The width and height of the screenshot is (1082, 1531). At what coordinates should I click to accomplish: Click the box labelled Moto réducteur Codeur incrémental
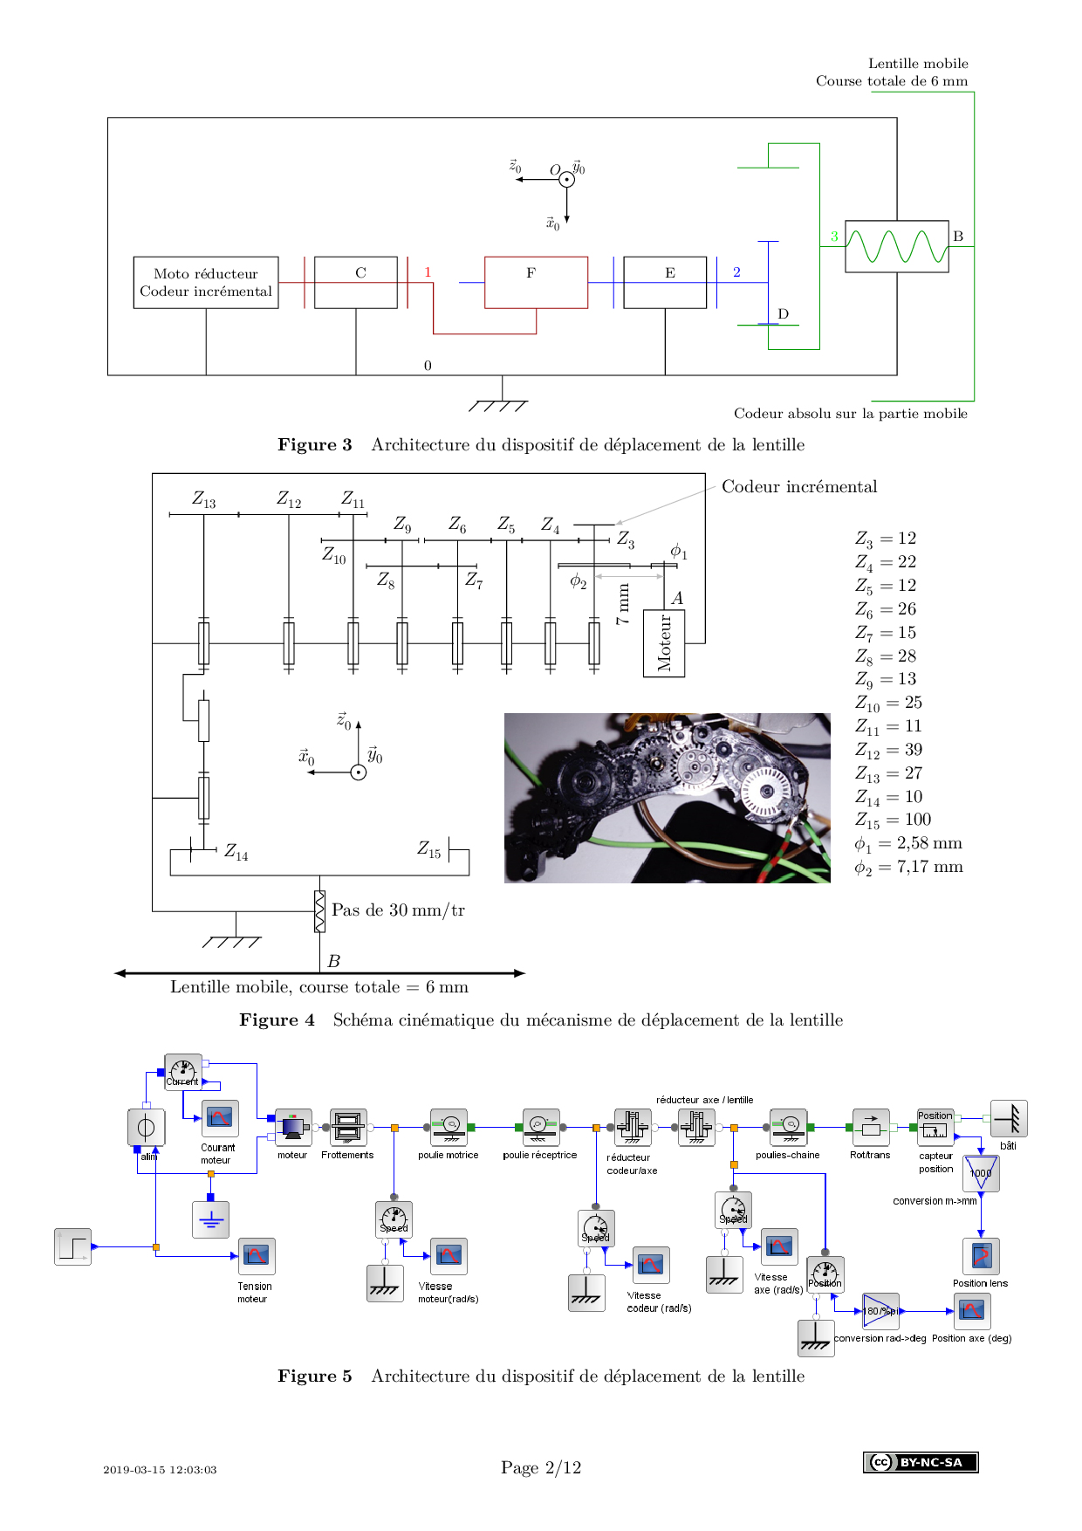[x=206, y=282]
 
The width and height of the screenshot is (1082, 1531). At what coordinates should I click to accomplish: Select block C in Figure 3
[x=356, y=282]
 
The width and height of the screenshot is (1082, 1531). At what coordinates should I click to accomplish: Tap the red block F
[x=536, y=282]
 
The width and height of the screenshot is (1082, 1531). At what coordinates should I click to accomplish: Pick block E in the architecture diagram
[x=665, y=282]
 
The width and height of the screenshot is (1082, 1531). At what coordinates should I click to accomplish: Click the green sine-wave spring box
[x=896, y=246]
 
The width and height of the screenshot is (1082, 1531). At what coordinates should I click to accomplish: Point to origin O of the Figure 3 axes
[x=566, y=180]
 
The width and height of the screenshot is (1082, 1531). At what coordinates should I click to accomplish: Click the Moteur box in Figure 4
[x=664, y=643]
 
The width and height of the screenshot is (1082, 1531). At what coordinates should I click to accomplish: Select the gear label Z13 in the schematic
[x=203, y=499]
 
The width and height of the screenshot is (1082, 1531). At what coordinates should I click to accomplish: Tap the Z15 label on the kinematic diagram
[x=428, y=849]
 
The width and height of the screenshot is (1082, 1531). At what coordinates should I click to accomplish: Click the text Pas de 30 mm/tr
[x=398, y=910]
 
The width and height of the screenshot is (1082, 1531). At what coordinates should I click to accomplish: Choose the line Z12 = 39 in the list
[x=888, y=750]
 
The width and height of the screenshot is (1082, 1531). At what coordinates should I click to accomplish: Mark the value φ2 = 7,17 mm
[x=908, y=867]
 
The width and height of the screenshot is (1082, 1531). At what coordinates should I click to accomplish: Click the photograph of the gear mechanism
[x=667, y=798]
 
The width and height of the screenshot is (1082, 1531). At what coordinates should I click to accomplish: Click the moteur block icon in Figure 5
[x=293, y=1127]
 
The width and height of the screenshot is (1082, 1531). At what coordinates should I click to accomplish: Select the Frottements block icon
[x=347, y=1127]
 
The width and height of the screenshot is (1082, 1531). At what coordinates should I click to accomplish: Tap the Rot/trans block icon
[x=870, y=1127]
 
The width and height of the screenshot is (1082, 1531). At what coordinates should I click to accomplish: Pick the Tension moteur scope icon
[x=257, y=1256]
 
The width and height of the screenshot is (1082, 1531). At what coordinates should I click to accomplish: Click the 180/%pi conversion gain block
[x=880, y=1311]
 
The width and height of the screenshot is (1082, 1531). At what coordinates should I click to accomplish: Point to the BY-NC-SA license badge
[x=921, y=1462]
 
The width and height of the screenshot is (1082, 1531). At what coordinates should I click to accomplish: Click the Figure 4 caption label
[x=277, y=1020]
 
